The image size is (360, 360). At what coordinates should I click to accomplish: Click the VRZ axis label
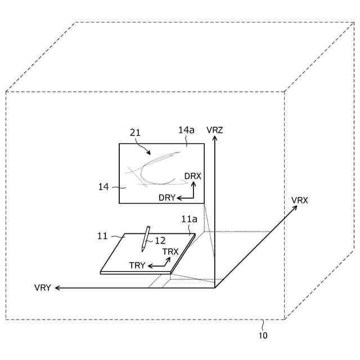(215, 130)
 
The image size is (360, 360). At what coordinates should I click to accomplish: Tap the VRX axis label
(299, 200)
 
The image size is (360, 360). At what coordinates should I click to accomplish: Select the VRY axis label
(43, 288)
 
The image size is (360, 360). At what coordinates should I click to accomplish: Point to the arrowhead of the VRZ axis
(215, 141)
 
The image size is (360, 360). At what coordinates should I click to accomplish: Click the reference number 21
(136, 133)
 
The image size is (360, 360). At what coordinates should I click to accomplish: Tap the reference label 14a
(187, 130)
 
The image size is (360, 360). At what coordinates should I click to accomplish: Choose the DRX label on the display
(192, 176)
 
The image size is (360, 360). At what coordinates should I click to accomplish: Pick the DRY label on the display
(167, 197)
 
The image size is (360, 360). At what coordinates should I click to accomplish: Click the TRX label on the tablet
(170, 251)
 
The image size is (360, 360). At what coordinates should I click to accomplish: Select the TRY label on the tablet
(138, 265)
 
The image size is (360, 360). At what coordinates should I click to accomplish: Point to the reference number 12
(160, 240)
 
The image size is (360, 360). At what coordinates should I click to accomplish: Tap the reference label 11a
(189, 219)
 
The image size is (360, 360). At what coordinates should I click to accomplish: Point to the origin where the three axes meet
(215, 288)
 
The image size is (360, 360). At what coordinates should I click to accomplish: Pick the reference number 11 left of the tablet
(102, 236)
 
